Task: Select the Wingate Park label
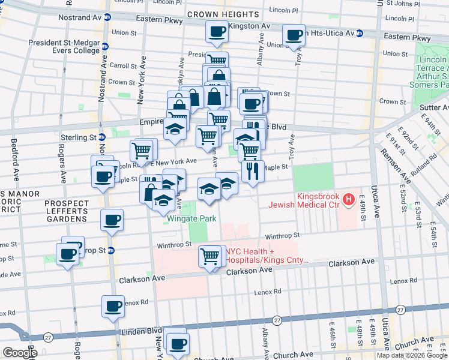tap(191, 219)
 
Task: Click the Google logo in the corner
tap(20, 353)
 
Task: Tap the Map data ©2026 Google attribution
tap(411, 355)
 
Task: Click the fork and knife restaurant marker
tap(253, 171)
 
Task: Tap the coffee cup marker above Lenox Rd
tap(113, 307)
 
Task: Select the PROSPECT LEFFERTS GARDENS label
tap(66, 211)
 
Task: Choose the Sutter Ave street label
tap(430, 107)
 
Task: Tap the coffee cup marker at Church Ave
tap(177, 344)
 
